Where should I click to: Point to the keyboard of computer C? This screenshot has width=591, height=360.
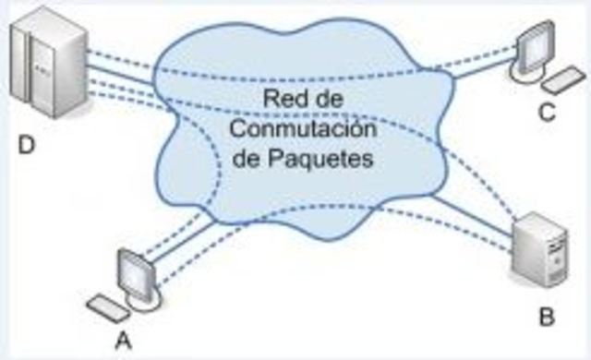pos(562,81)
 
